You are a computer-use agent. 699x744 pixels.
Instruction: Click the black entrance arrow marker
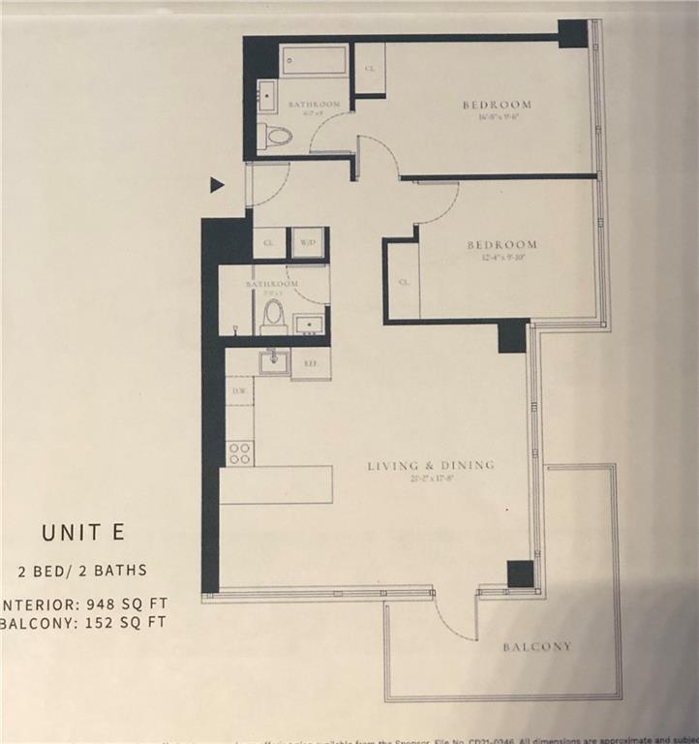(x=217, y=185)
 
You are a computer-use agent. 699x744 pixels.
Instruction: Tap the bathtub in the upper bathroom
(x=315, y=61)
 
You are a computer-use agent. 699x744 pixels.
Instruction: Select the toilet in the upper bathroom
(x=277, y=136)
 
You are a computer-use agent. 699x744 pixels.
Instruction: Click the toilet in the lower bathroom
(x=274, y=315)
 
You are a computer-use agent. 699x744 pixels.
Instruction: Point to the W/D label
(x=309, y=242)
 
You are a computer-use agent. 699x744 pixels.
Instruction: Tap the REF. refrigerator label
(x=312, y=363)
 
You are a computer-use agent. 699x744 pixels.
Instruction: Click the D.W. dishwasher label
(x=238, y=390)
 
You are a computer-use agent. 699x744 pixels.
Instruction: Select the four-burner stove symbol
(x=239, y=452)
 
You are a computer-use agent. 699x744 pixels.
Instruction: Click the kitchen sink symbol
(x=274, y=361)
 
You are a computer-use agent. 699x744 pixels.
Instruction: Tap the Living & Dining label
(x=431, y=466)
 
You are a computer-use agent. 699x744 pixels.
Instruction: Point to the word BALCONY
(x=536, y=646)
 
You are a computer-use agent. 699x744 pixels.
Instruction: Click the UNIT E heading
(x=82, y=532)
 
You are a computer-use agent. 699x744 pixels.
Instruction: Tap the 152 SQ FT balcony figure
(x=117, y=622)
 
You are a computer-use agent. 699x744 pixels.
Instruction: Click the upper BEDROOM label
(x=497, y=105)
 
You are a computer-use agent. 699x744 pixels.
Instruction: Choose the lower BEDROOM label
(x=501, y=245)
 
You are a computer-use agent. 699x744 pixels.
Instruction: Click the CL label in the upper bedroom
(x=370, y=69)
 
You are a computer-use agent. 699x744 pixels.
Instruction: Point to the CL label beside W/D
(x=268, y=242)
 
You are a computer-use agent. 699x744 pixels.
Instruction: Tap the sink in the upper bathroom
(x=266, y=96)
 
